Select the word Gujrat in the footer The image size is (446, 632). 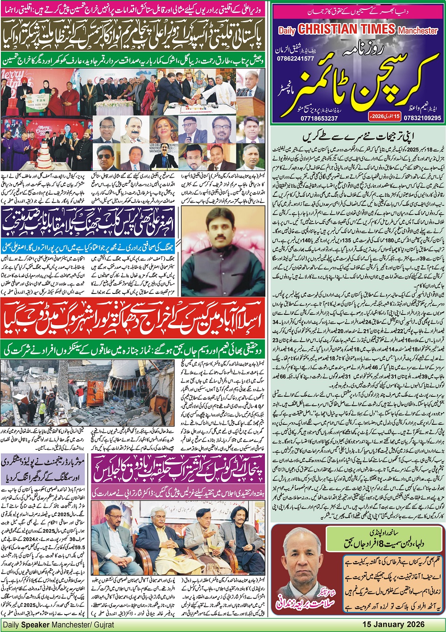tap(103, 624)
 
